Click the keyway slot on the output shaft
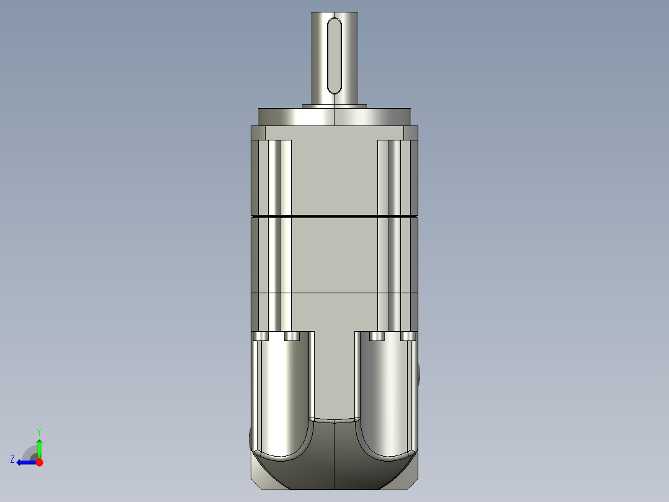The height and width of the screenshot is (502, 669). click(x=334, y=56)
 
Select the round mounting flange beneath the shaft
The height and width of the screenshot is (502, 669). click(x=334, y=117)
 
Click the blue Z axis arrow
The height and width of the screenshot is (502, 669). click(x=25, y=462)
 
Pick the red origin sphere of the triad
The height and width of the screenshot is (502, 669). click(x=39, y=462)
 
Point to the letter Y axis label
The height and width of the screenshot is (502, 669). click(x=38, y=431)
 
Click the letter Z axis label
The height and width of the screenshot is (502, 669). click(x=12, y=459)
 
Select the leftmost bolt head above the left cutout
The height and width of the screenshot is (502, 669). click(x=261, y=336)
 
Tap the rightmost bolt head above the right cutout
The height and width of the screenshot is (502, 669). click(x=408, y=336)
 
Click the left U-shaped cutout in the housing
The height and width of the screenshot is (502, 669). click(x=282, y=398)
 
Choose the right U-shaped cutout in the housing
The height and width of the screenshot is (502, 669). click(x=385, y=398)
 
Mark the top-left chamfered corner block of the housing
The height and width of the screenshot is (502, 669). click(x=258, y=133)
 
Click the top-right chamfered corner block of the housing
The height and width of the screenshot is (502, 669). click(x=410, y=133)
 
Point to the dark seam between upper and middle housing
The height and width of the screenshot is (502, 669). click(x=334, y=216)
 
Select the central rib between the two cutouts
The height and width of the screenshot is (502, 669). click(x=334, y=373)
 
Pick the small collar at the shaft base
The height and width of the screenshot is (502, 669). click(x=334, y=106)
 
